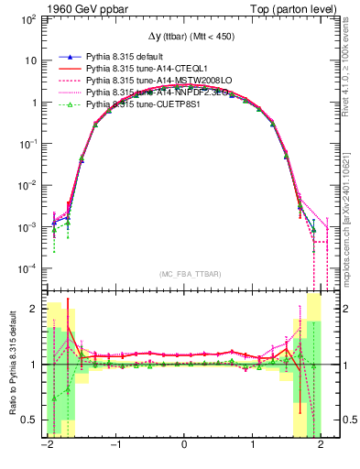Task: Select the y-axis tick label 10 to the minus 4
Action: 29,269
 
